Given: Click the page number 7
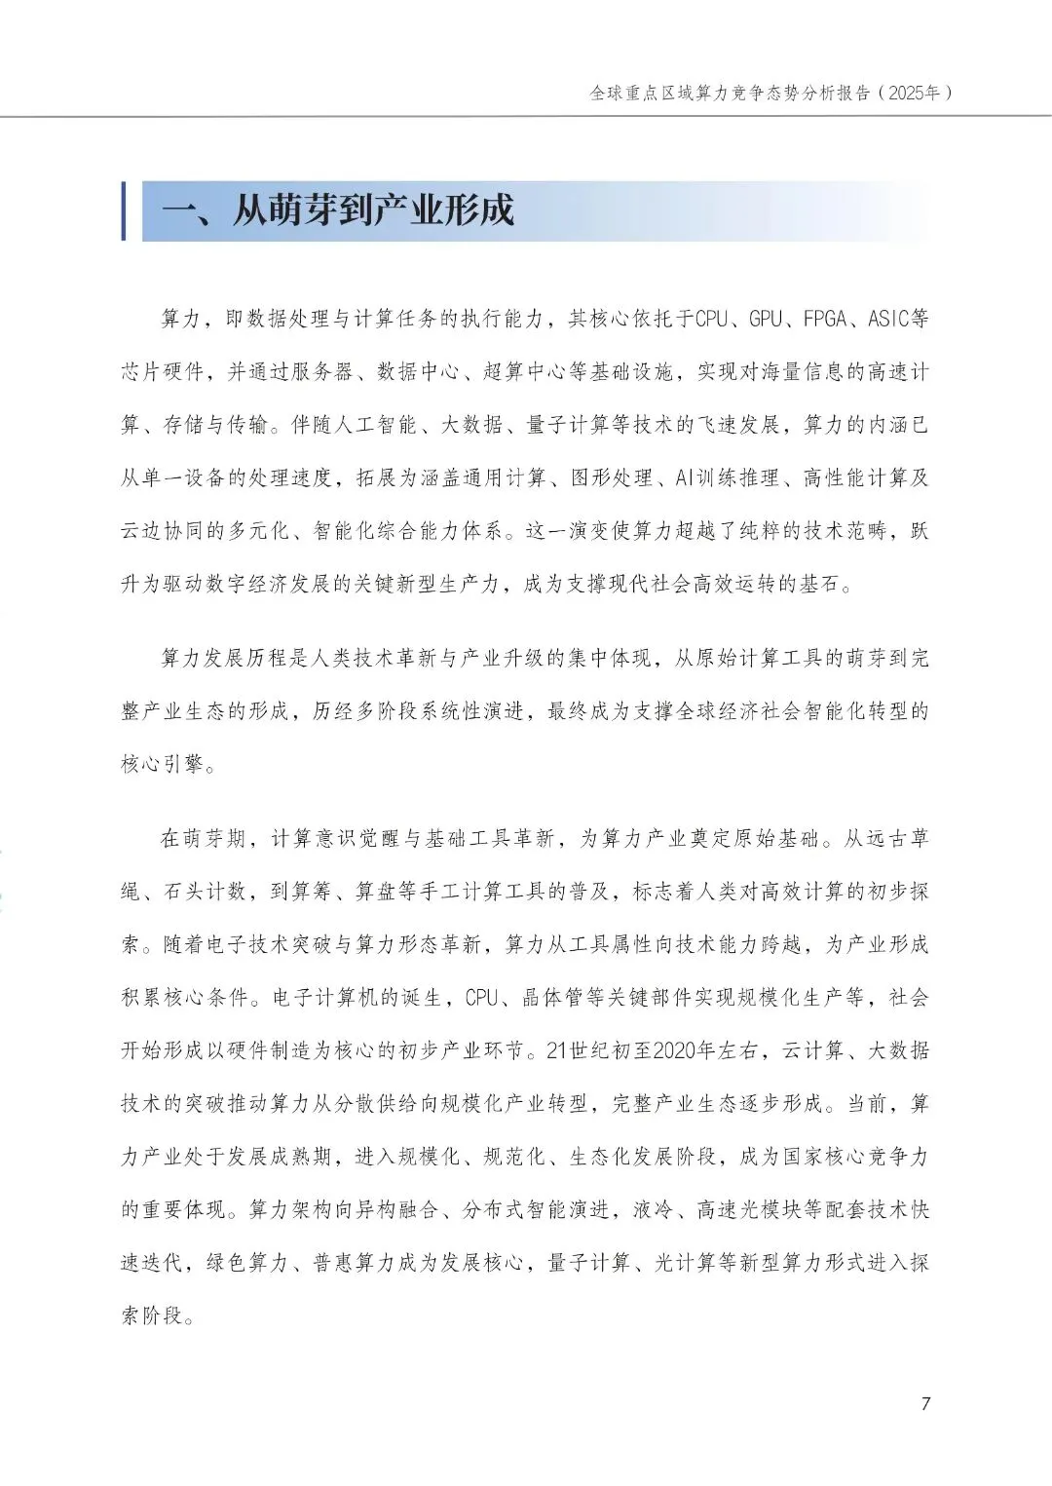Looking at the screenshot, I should tap(925, 1403).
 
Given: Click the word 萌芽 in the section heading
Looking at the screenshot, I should tap(301, 210).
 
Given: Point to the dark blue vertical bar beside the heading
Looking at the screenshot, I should tap(124, 210).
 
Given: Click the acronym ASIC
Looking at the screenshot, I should tap(888, 319).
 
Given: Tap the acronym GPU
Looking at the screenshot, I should tap(766, 319).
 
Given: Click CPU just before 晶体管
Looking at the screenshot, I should tap(482, 997).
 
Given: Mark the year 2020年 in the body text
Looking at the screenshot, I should tap(684, 1050).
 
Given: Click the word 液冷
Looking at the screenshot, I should tap(654, 1209).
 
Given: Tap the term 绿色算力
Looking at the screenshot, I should tap(248, 1262).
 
